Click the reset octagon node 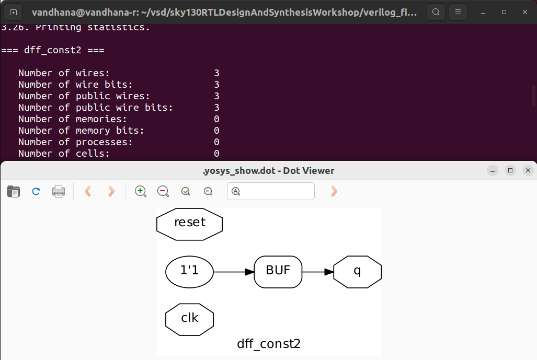coord(190,223)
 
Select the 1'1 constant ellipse coord(189,272)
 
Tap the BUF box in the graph coord(278,272)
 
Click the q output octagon coord(357,272)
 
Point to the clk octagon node coord(189,318)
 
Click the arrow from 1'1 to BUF coord(234,272)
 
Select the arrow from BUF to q coord(317,272)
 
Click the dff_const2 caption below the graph coord(269,344)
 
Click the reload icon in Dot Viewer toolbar coord(36,191)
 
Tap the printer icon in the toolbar coord(59,191)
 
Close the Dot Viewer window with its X coord(528,170)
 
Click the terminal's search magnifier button coord(436,11)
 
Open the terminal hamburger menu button coord(458,11)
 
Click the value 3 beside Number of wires coord(216,73)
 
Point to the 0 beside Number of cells coord(216,154)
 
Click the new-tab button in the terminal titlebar coord(13,11)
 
